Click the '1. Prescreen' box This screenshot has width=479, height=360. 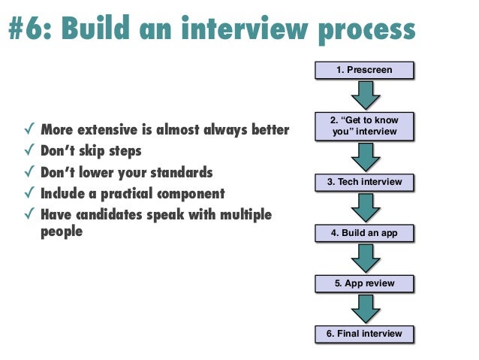pyautogui.click(x=364, y=71)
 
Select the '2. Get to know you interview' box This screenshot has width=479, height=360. pyautogui.click(x=364, y=126)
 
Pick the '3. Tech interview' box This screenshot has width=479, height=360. pyautogui.click(x=364, y=183)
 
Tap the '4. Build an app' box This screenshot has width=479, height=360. pyautogui.click(x=364, y=234)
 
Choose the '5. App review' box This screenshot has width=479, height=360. pyautogui.click(x=364, y=284)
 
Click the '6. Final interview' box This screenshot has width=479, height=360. pyautogui.click(x=364, y=334)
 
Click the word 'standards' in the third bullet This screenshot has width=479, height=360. pyautogui.click(x=181, y=173)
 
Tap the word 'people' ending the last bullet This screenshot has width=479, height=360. pyautogui.click(x=61, y=232)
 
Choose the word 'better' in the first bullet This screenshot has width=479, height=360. pyautogui.click(x=269, y=130)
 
